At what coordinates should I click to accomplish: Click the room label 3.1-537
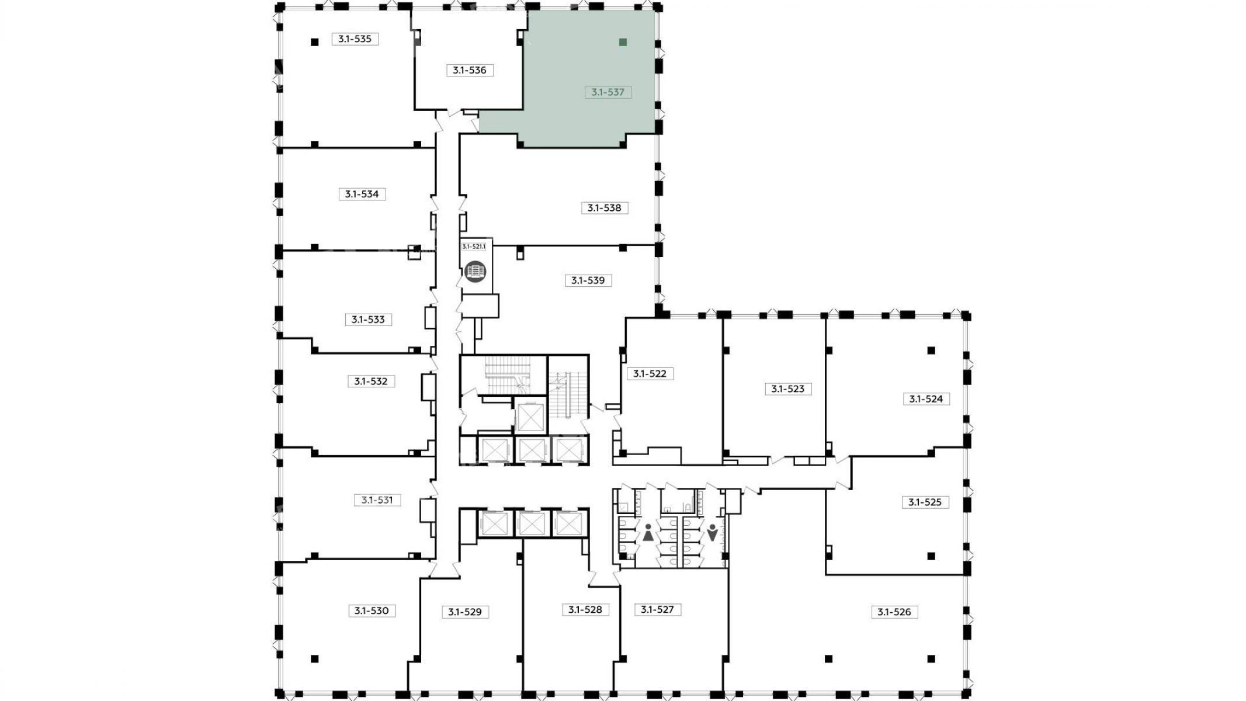(x=608, y=92)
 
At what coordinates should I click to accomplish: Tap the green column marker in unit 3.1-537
(x=623, y=42)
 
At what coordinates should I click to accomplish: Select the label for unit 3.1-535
(x=355, y=39)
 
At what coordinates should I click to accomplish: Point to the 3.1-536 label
(x=470, y=70)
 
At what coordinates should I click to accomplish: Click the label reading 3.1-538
(x=605, y=208)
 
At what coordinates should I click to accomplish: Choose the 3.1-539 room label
(x=588, y=280)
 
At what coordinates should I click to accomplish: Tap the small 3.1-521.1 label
(x=474, y=247)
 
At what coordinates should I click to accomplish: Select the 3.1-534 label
(x=362, y=194)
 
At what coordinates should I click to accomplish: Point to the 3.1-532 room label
(x=371, y=381)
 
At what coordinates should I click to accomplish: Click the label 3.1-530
(x=372, y=611)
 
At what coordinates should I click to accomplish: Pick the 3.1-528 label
(x=585, y=610)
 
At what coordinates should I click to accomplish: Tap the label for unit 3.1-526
(x=894, y=612)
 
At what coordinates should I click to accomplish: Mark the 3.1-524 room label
(x=926, y=399)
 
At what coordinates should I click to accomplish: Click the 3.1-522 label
(x=650, y=373)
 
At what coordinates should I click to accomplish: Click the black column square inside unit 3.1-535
(x=315, y=42)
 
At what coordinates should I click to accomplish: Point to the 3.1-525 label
(x=925, y=502)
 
